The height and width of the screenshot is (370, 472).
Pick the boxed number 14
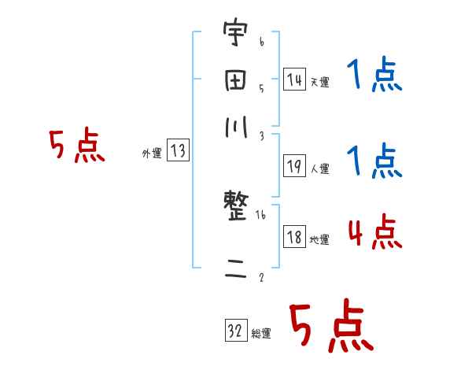pos(294,79)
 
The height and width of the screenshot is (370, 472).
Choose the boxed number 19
pos(294,165)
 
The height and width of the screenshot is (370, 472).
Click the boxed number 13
pos(177,152)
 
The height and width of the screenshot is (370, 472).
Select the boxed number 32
pos(235,331)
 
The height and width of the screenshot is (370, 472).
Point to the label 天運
pos(319,82)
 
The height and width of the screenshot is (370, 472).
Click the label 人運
pos(319,168)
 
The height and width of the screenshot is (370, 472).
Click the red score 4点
pos(374,234)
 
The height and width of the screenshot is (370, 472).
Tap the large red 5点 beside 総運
pos(330,327)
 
